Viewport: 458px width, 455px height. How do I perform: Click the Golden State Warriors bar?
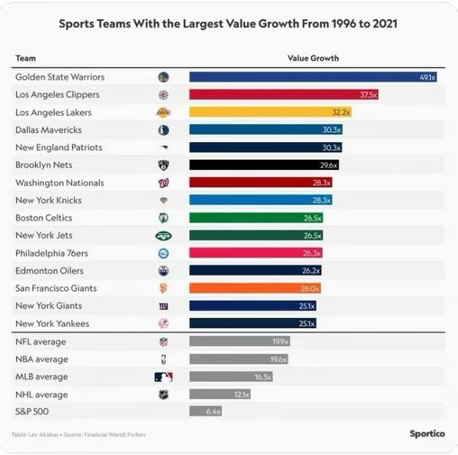pyautogui.click(x=313, y=77)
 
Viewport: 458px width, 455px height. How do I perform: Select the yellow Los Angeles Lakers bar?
pyautogui.click(x=270, y=112)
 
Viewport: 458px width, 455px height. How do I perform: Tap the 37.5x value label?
pyautogui.click(x=368, y=95)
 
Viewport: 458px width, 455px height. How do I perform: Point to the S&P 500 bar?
pyautogui.click(x=205, y=411)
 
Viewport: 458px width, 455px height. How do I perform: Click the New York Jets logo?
pyautogui.click(x=163, y=235)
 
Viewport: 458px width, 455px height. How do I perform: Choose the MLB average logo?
pyautogui.click(x=163, y=377)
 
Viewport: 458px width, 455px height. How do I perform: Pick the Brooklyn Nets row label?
pyautogui.click(x=44, y=165)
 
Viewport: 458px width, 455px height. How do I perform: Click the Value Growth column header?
pyautogui.click(x=313, y=58)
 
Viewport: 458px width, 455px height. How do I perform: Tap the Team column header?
pyautogui.click(x=26, y=58)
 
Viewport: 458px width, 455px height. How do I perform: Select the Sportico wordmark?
pyautogui.click(x=427, y=433)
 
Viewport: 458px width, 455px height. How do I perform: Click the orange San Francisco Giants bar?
pyautogui.click(x=255, y=288)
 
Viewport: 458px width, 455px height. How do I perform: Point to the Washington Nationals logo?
pyautogui.click(x=163, y=183)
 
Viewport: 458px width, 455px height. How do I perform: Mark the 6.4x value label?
pyautogui.click(x=213, y=411)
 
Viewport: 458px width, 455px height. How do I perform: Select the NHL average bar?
pyautogui.click(x=220, y=394)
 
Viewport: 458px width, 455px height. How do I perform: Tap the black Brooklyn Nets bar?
pyautogui.click(x=265, y=165)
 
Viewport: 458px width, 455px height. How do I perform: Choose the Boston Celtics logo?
pyautogui.click(x=163, y=218)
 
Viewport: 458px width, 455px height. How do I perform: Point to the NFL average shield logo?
pyautogui.click(x=163, y=342)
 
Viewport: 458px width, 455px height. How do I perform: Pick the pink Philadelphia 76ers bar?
pyautogui.click(x=256, y=253)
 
